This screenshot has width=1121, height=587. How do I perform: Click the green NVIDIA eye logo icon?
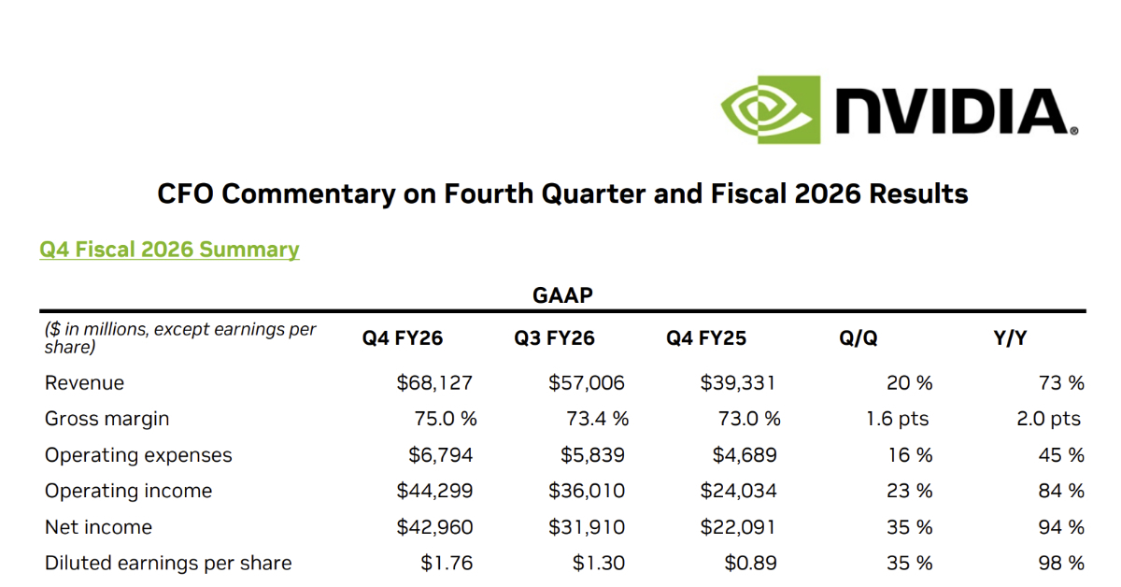[x=769, y=109]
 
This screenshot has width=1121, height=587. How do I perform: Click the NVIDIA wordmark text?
[x=951, y=112]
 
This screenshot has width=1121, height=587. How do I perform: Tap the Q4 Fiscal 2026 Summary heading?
[x=169, y=250]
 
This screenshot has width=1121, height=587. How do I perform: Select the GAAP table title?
[x=562, y=295]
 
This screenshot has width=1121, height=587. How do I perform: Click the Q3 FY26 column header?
[x=554, y=338]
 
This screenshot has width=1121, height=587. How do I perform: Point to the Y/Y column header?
[x=1009, y=338]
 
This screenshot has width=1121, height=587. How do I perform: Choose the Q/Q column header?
[x=858, y=338]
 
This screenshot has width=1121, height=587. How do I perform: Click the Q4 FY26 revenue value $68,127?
[x=434, y=383]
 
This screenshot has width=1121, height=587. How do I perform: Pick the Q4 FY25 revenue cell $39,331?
[x=738, y=383]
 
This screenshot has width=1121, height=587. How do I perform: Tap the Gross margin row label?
[x=106, y=419]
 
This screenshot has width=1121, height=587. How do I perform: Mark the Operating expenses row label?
[x=138, y=455]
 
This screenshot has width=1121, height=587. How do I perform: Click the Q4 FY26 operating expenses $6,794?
[x=440, y=455]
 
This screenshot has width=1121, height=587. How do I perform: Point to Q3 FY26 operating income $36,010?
[x=587, y=491]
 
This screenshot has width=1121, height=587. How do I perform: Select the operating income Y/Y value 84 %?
[x=1061, y=491]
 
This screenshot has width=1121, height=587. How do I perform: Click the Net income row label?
[x=98, y=527]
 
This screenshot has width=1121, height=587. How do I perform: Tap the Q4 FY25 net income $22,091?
[x=738, y=527]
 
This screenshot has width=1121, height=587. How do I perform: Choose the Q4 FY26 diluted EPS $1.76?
[x=447, y=563]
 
